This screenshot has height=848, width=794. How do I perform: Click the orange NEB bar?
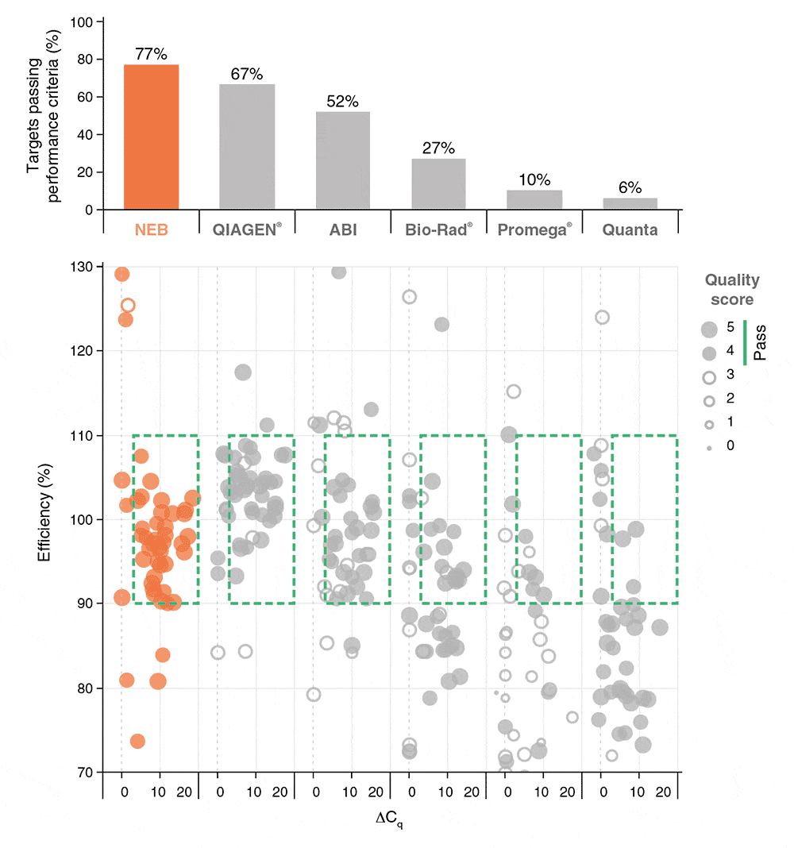tap(151, 137)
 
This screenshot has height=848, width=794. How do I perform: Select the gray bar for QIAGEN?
tap(247, 147)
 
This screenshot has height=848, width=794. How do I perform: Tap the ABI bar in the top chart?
tap(343, 160)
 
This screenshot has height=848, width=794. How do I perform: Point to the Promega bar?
tap(534, 200)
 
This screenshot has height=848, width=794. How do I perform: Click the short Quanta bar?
tap(630, 204)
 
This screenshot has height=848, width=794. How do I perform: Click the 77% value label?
tap(151, 55)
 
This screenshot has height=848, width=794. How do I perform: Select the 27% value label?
tap(438, 149)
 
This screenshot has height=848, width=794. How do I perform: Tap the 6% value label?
tap(630, 188)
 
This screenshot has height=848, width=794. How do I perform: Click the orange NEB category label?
tap(151, 229)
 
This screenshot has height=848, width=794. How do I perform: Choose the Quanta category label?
tap(630, 229)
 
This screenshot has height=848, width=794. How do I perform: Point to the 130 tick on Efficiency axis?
tap(83, 267)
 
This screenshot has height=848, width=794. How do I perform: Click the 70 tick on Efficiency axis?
tap(86, 772)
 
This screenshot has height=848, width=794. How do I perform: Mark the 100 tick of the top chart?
tap(83, 21)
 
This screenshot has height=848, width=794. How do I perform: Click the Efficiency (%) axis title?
tap(45, 518)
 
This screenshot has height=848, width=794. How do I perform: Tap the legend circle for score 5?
tap(708, 327)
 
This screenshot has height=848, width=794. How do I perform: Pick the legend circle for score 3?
tap(708, 374)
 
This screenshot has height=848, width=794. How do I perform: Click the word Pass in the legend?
tap(760, 342)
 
